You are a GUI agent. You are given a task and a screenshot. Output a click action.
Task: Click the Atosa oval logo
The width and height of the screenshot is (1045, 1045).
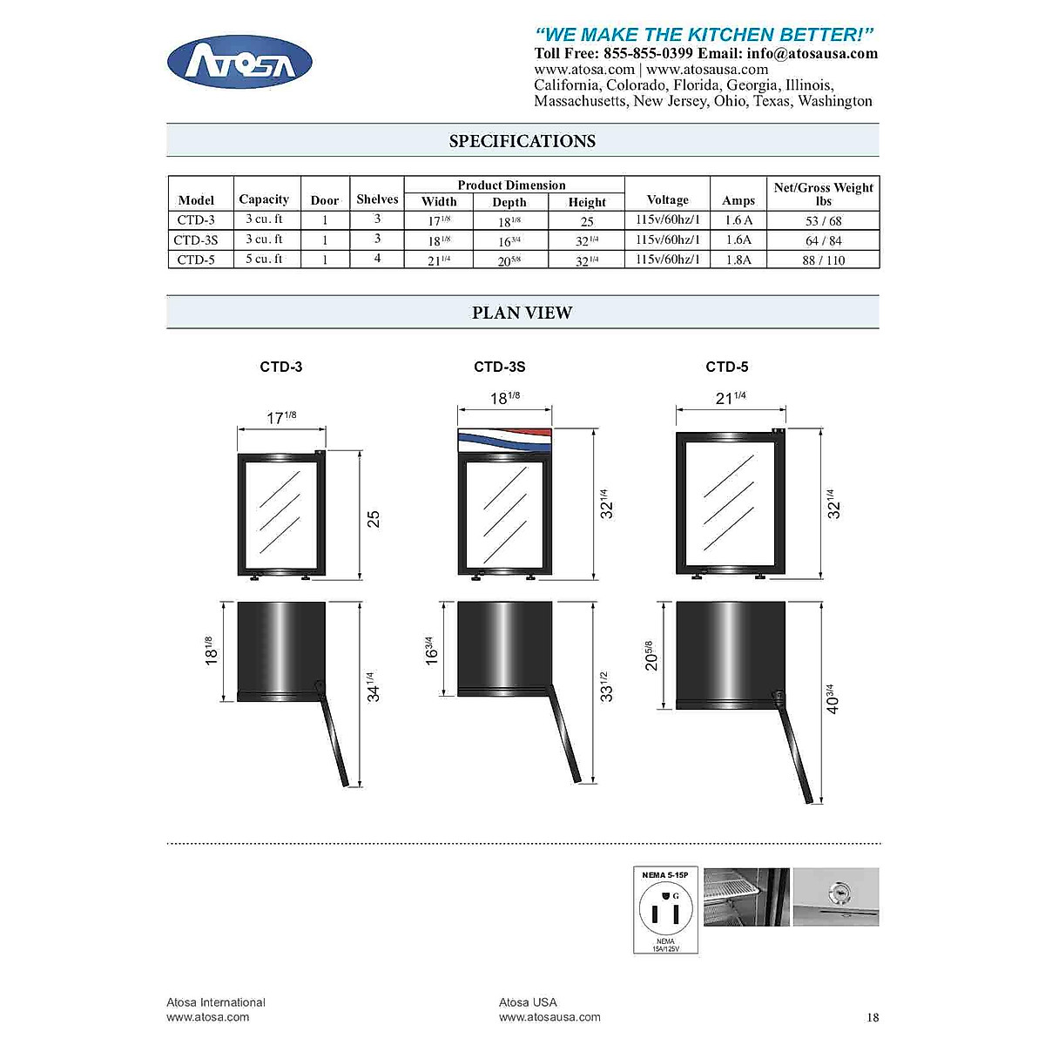239,62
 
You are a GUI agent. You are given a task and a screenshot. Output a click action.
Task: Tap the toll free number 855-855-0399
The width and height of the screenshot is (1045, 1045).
648,53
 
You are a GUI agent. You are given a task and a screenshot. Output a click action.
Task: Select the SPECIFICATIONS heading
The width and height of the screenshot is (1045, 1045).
522,141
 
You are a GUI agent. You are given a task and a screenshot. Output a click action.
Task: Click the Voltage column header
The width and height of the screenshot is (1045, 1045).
667,199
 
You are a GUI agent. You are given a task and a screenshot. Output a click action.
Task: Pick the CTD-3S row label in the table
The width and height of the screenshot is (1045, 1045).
196,239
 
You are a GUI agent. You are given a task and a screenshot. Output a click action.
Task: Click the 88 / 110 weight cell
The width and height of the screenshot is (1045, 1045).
823,260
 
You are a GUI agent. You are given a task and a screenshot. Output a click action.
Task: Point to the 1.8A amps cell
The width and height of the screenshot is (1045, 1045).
738,260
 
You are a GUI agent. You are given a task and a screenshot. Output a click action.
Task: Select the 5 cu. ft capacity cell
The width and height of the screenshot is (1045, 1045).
264,259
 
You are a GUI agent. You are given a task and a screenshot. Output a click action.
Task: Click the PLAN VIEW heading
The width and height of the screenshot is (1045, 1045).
522,313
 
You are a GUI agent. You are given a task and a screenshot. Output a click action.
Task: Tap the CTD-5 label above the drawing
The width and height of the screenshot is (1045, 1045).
726,367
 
